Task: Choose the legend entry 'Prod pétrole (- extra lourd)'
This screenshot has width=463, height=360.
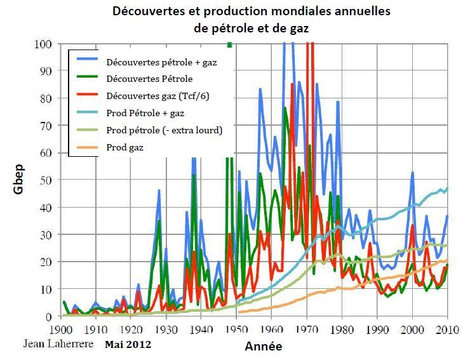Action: pyautogui.click(x=164, y=130)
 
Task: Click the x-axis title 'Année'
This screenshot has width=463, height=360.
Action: pyautogui.click(x=263, y=347)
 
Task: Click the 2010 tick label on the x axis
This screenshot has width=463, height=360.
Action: pyautogui.click(x=447, y=330)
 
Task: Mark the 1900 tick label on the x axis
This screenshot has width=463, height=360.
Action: pyautogui.click(x=61, y=330)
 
